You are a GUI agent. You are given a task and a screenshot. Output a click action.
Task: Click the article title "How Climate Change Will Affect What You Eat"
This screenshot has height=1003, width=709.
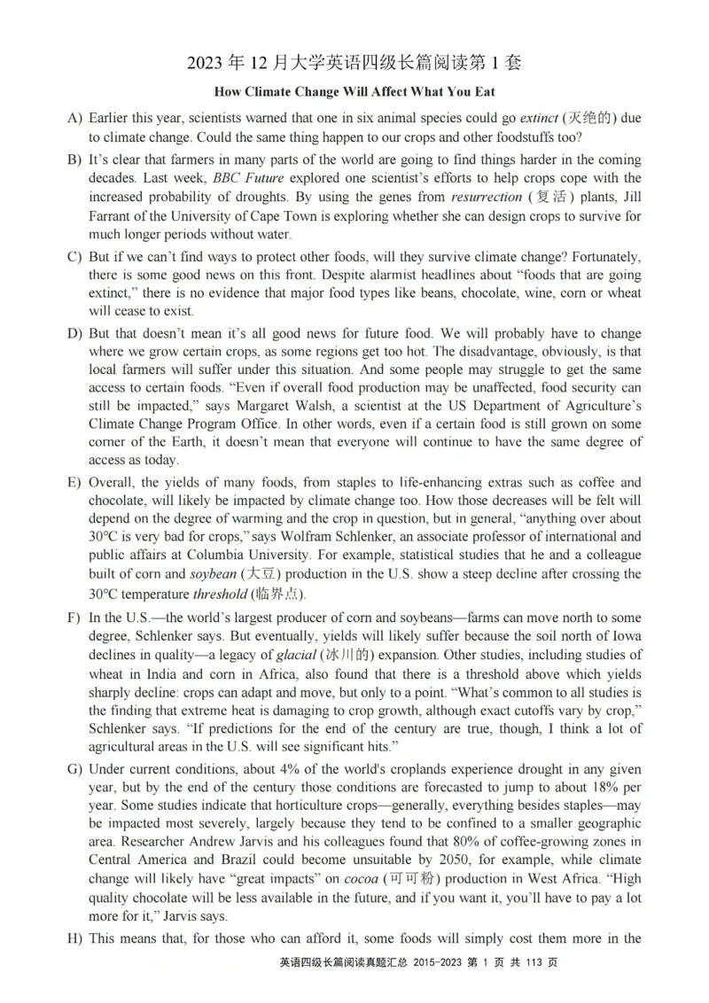[354, 91]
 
